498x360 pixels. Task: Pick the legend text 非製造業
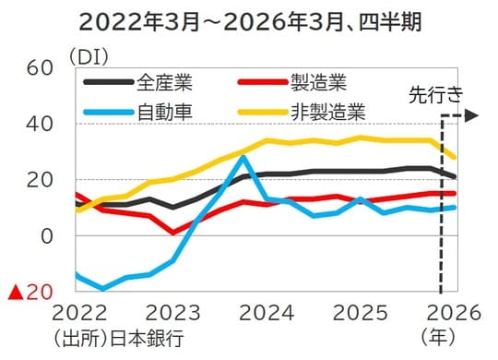[x=330, y=113]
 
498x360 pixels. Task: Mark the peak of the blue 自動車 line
[x=243, y=157]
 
